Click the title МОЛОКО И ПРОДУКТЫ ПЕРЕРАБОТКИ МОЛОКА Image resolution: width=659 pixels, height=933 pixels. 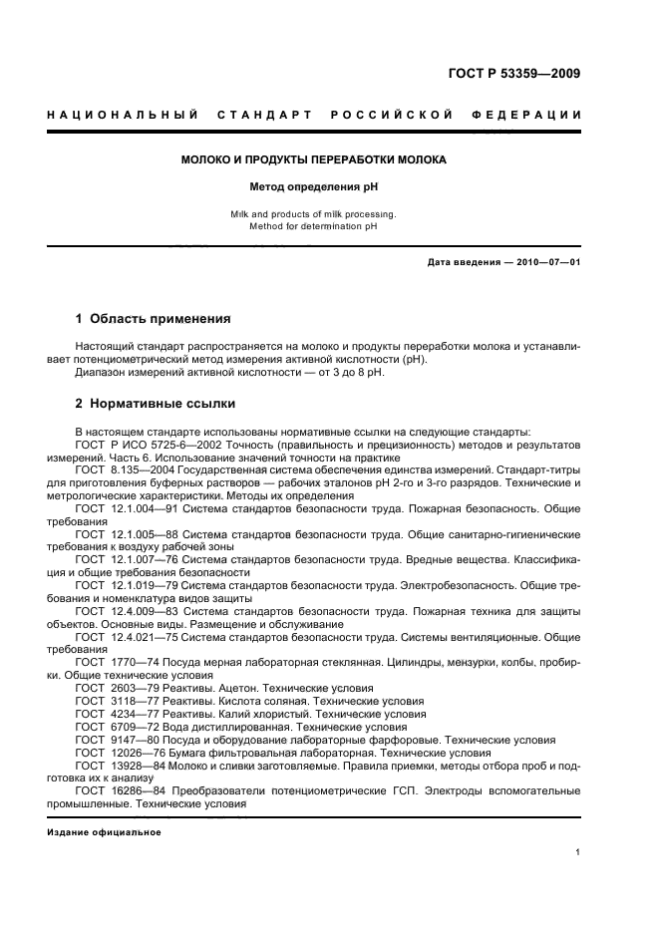pos(313,159)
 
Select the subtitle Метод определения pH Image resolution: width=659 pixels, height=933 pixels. pos(313,186)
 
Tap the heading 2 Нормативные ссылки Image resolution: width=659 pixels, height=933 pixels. pos(156,404)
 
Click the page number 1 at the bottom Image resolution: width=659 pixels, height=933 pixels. pos(578,852)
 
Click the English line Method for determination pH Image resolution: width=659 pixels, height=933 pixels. pos(313,225)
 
